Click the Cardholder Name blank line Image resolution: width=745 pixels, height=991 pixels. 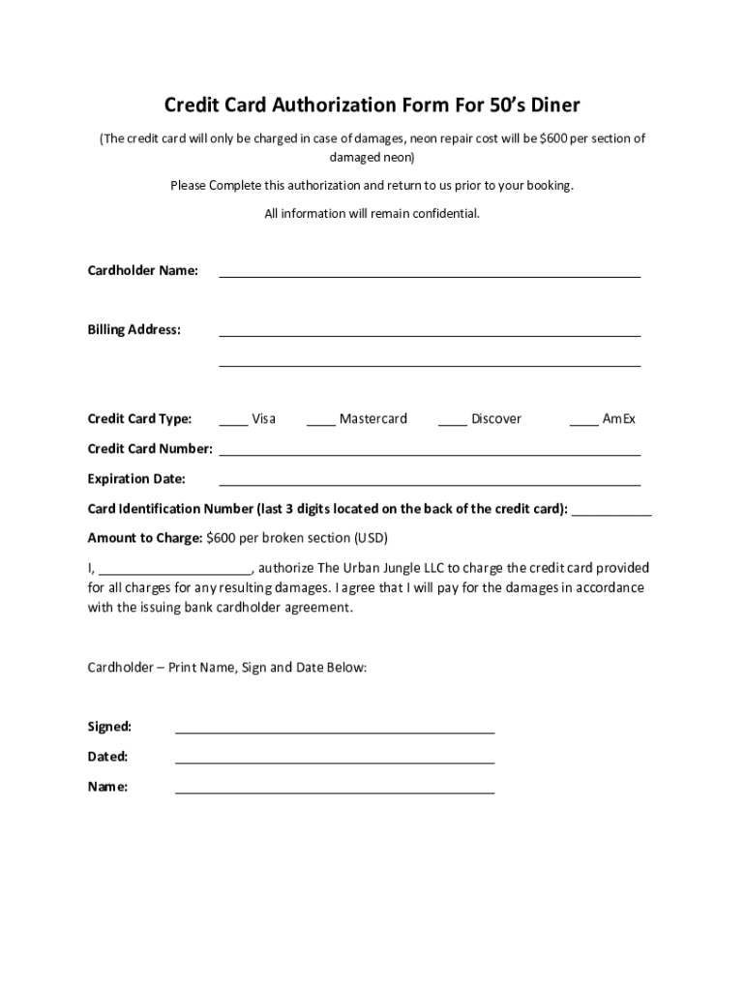click(x=430, y=276)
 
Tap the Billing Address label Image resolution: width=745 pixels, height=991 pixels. click(x=134, y=330)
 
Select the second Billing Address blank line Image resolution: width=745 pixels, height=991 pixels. click(x=430, y=366)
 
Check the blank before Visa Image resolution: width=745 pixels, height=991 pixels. click(x=232, y=424)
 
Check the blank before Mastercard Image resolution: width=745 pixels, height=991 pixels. click(x=320, y=424)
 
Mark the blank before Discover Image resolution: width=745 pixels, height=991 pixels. click(x=452, y=424)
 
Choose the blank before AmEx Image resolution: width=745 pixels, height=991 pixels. click(x=583, y=424)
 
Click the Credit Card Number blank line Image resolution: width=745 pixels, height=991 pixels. click(x=430, y=454)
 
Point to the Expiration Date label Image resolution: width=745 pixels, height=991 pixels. click(x=136, y=479)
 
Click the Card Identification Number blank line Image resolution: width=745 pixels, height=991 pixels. click(x=611, y=514)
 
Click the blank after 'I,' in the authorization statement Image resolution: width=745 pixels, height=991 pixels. click(x=175, y=573)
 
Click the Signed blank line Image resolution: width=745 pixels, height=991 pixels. click(x=335, y=733)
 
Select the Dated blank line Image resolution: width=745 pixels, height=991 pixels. click(x=335, y=763)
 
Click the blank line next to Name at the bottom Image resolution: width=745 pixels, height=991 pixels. click(x=335, y=793)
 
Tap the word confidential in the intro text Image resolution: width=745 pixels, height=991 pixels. click(x=446, y=214)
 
